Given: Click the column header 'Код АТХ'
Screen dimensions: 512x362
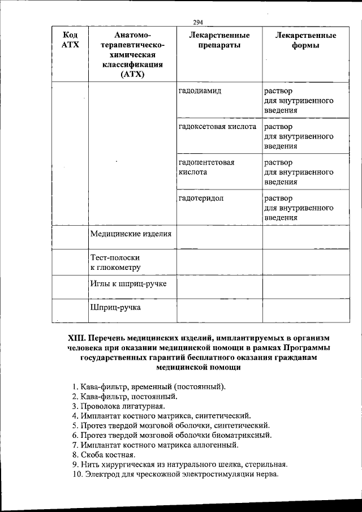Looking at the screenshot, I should point(70,40).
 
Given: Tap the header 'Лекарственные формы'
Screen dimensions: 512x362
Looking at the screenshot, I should point(305,40).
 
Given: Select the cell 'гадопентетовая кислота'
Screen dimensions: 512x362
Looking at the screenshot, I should point(206,167).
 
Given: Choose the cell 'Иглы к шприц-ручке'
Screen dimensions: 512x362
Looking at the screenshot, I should point(128,283).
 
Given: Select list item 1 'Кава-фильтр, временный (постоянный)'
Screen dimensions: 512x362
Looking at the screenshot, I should point(149,386).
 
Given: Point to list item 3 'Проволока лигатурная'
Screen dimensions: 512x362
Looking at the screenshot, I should point(119,406).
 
